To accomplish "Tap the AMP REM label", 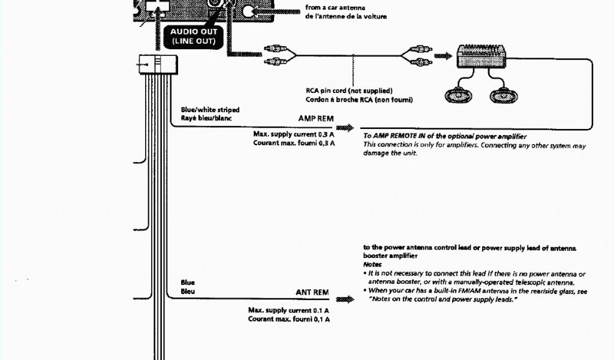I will click(315, 119).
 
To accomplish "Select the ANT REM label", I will click(312, 292).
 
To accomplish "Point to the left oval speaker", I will click(459, 95).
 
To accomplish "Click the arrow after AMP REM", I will click(345, 128).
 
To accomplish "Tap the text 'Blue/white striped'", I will click(210, 110).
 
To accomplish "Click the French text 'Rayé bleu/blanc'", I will click(206, 118).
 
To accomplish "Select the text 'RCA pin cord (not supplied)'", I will click(348, 91).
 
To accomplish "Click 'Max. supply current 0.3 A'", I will click(294, 134).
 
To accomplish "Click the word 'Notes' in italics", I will click(372, 264).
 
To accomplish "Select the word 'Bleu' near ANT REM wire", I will click(188, 291).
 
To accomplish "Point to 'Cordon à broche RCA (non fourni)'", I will click(359, 99).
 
